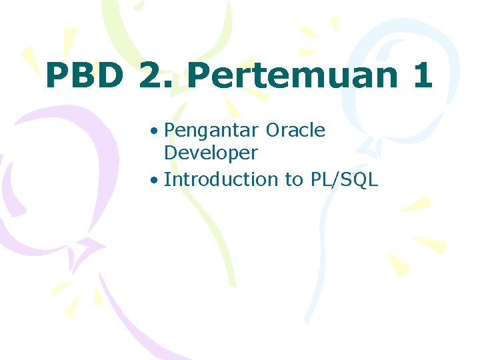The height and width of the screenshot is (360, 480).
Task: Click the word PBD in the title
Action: (x=85, y=76)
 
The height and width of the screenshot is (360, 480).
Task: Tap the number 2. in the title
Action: (x=155, y=76)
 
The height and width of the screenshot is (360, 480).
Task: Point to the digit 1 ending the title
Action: (x=422, y=76)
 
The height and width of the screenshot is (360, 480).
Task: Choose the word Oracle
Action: (x=295, y=131)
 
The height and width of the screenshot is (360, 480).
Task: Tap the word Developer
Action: (x=211, y=153)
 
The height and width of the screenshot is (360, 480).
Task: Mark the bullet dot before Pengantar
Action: (x=154, y=131)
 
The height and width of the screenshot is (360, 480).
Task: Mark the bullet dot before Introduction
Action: (x=154, y=179)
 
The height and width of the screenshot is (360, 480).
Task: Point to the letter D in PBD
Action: (x=111, y=76)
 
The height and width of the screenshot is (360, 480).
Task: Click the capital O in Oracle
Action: (x=272, y=131)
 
